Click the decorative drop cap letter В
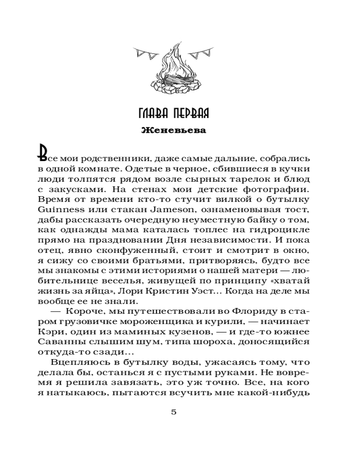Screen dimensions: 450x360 click(x=44, y=153)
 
